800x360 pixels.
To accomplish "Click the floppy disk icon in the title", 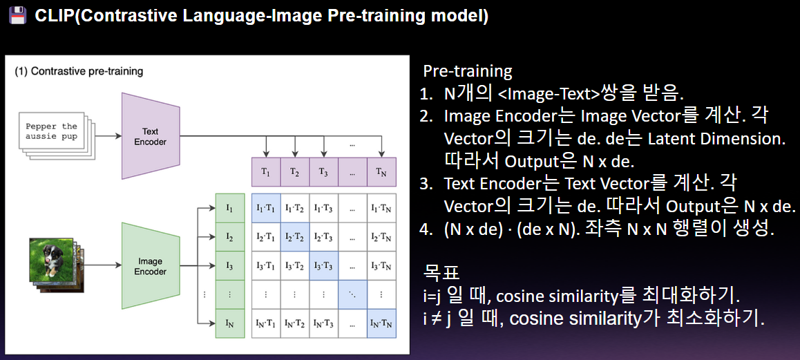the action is pyautogui.click(x=17, y=17).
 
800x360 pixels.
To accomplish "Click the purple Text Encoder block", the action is pyautogui.click(x=151, y=136).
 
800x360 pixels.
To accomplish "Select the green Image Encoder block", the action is pyautogui.click(x=151, y=265).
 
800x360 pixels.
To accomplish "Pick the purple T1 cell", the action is pyautogui.click(x=266, y=172).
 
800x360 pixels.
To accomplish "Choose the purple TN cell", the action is pyautogui.click(x=381, y=172).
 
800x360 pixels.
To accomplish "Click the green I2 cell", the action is pyautogui.click(x=231, y=238).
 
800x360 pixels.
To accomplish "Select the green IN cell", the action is pyautogui.click(x=231, y=324).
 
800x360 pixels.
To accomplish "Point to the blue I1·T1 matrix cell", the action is pyautogui.click(x=266, y=209).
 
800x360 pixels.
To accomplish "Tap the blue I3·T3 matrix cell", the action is pyautogui.click(x=323, y=266).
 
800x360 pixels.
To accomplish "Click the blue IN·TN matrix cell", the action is pyautogui.click(x=381, y=324).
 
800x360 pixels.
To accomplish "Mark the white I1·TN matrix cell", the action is pyautogui.click(x=381, y=209).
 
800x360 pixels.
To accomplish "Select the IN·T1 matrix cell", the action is pyautogui.click(x=266, y=324).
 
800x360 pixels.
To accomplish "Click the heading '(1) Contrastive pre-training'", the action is pyautogui.click(x=79, y=71).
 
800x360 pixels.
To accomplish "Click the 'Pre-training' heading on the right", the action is pyautogui.click(x=468, y=72).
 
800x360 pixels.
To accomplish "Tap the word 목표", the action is pyautogui.click(x=442, y=274).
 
